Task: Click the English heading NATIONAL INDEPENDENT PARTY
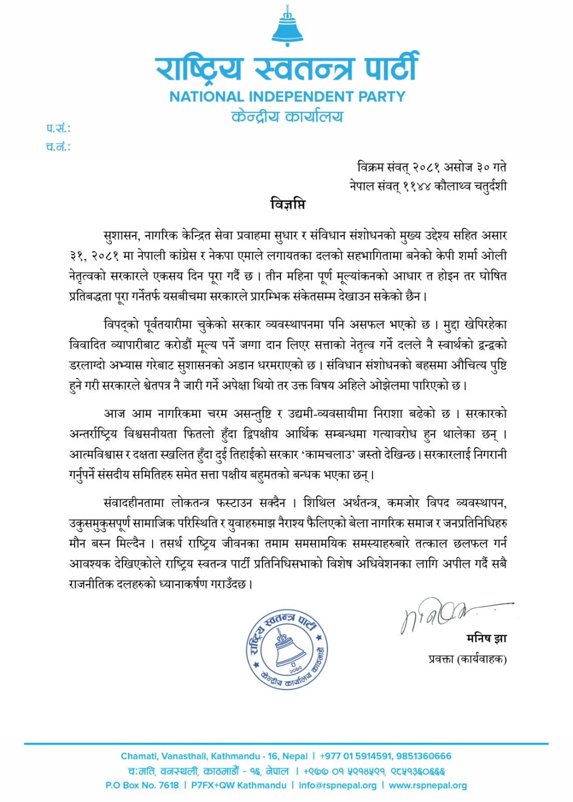coord(287,96)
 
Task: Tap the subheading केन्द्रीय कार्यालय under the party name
coord(287,117)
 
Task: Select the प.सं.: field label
coord(58,129)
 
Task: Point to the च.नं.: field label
coord(58,147)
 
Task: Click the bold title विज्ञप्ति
coord(287,205)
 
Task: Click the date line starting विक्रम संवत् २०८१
coord(432,167)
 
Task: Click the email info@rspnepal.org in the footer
coord(337,785)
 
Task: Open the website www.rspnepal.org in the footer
coord(427,785)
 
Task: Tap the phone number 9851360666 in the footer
coord(423,756)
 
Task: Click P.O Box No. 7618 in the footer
coord(142,785)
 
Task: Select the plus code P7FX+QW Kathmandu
coord(239,785)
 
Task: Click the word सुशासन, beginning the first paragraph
coord(122,235)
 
